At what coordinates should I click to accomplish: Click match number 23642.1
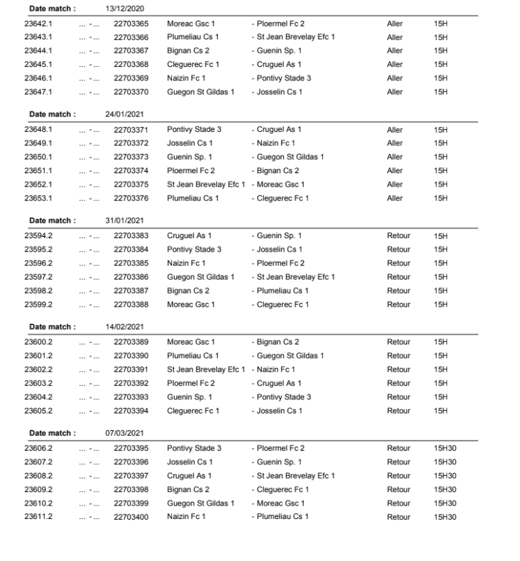tap(39, 23)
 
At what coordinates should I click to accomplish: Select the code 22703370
tap(131, 92)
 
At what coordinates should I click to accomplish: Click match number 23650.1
tap(39, 157)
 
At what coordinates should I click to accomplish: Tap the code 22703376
tap(131, 198)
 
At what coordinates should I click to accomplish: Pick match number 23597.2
tap(39, 277)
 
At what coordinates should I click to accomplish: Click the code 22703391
tap(131, 369)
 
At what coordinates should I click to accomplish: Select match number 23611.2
tap(39, 517)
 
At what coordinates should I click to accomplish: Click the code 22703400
tap(131, 517)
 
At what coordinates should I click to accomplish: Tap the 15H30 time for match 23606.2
tap(445, 448)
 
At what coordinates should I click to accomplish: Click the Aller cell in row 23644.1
tap(395, 51)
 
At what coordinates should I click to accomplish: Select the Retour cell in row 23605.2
tap(398, 411)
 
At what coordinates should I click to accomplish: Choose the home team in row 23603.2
tap(191, 383)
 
